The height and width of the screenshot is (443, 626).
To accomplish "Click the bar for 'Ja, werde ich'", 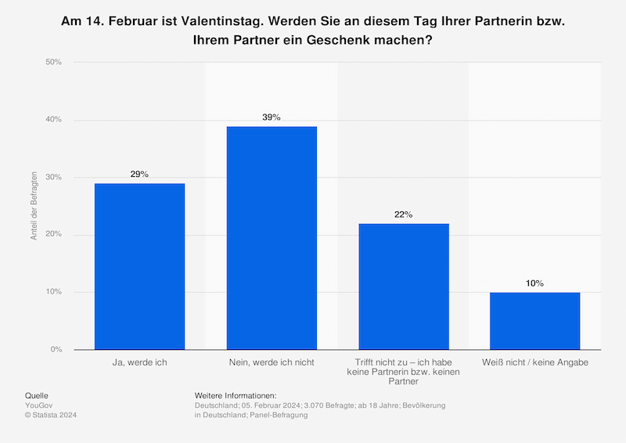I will pyautogui.click(x=139, y=266).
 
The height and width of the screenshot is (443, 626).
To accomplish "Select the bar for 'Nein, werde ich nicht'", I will pyautogui.click(x=272, y=238).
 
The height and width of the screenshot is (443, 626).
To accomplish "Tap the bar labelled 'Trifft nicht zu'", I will pyautogui.click(x=404, y=286).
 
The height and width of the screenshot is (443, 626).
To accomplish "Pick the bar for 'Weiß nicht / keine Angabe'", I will pyautogui.click(x=535, y=321).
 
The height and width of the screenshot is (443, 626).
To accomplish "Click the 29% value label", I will pyautogui.click(x=139, y=175).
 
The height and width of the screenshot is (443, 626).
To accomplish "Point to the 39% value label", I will pyautogui.click(x=272, y=117).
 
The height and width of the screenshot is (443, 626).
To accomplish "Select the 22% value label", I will pyautogui.click(x=404, y=214).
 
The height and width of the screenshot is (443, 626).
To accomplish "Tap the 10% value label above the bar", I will pyautogui.click(x=535, y=283).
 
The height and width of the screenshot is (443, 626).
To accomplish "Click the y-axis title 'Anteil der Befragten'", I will pyautogui.click(x=34, y=206).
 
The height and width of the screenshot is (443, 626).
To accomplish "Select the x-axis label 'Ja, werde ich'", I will pyautogui.click(x=139, y=362).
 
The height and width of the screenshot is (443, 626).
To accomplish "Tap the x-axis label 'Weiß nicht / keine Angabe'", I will pyautogui.click(x=535, y=362).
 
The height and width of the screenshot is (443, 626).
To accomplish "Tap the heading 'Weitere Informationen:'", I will pyautogui.click(x=236, y=396).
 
